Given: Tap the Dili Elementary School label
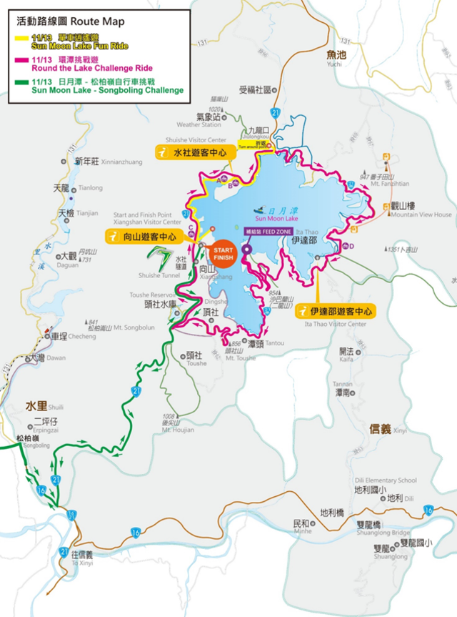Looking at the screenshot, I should tap(386, 480).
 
